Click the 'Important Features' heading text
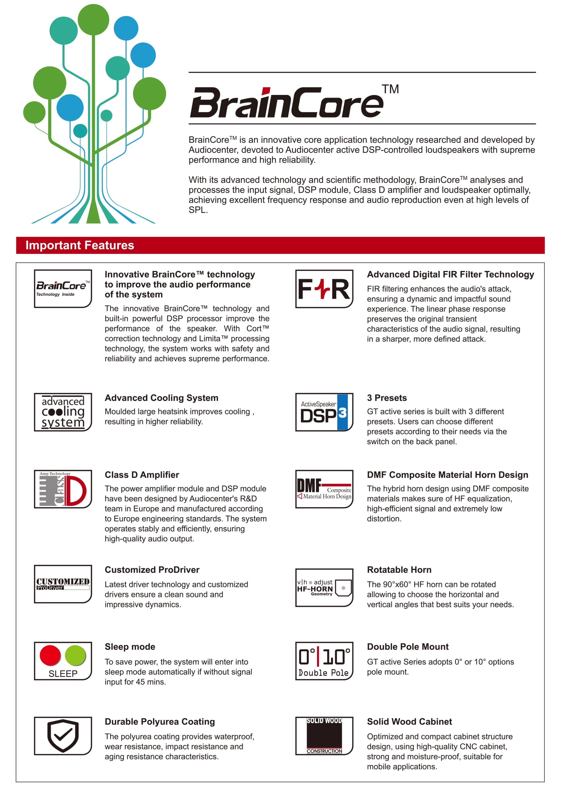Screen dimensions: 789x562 tap(80, 245)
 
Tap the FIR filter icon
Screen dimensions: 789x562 tap(324, 289)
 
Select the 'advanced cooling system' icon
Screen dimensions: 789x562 tap(63, 412)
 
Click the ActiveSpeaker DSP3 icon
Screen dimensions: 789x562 tap(324, 412)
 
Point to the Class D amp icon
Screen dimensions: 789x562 tap(63, 489)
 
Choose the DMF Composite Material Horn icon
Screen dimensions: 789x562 tap(324, 489)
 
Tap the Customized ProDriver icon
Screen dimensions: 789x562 tap(63, 584)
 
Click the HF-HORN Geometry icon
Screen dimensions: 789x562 tap(324, 587)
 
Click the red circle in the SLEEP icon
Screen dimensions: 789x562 tap(50, 655)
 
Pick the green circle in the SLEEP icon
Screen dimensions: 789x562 tap(75, 655)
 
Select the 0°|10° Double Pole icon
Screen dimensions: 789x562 tap(324, 661)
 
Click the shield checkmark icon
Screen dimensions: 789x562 tap(63, 736)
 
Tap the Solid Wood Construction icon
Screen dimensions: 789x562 tap(324, 736)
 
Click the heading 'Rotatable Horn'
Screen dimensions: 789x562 tap(399, 570)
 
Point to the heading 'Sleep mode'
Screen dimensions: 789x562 tap(130, 647)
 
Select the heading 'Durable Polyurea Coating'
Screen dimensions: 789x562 tap(159, 722)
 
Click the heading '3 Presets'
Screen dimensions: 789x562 tap(387, 398)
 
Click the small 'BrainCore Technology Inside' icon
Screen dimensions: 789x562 tap(63, 289)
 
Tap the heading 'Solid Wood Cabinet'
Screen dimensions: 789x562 tap(409, 722)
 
